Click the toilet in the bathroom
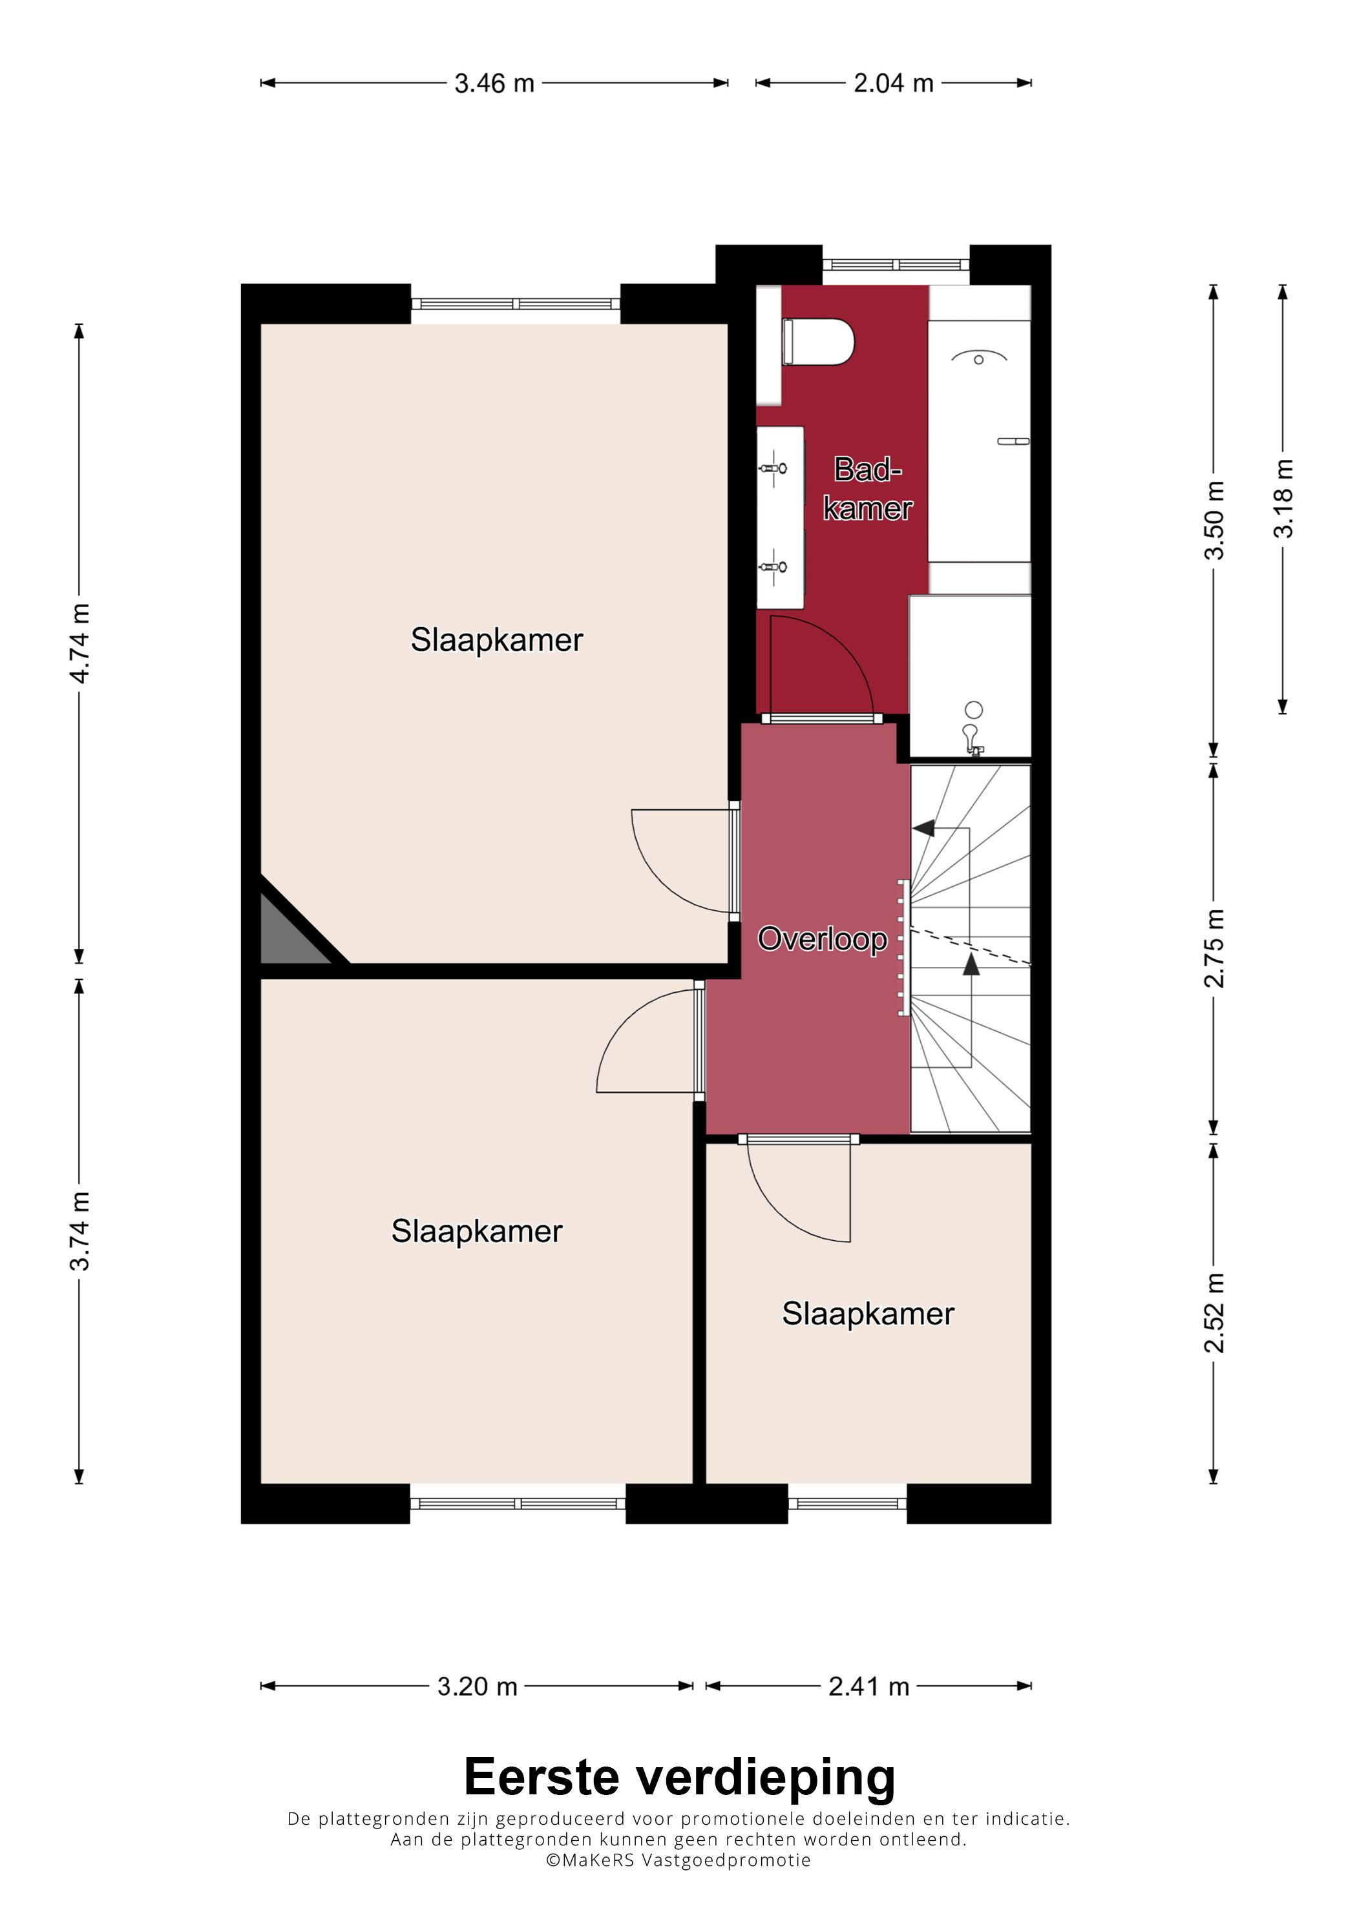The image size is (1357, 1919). tap(817, 342)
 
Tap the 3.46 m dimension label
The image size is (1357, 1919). tap(494, 83)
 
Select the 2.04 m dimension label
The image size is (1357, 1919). tap(893, 83)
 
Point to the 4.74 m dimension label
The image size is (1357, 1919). tap(79, 643)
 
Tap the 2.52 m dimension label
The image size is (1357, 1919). tap(1214, 1313)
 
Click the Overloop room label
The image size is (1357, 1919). tap(822, 939)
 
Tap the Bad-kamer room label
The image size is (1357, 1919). tap(868, 489)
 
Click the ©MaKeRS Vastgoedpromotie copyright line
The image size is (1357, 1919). tap(678, 1860)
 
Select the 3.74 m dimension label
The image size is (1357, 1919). tap(79, 1231)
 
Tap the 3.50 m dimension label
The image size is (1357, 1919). tap(1214, 520)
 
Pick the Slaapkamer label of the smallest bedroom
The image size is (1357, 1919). tap(868, 1313)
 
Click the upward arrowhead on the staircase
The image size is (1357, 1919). tap(971, 964)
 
